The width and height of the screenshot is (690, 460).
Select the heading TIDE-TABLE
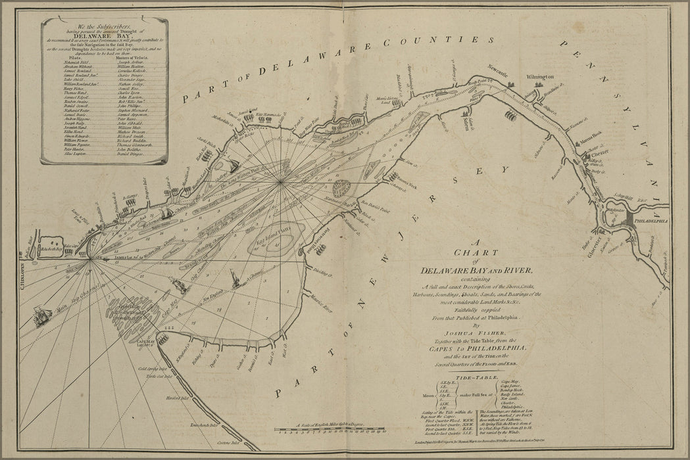coord(475,379)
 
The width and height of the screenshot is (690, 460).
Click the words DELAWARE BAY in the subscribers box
coord(105,36)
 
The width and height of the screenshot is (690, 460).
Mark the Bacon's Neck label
coord(403,179)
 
